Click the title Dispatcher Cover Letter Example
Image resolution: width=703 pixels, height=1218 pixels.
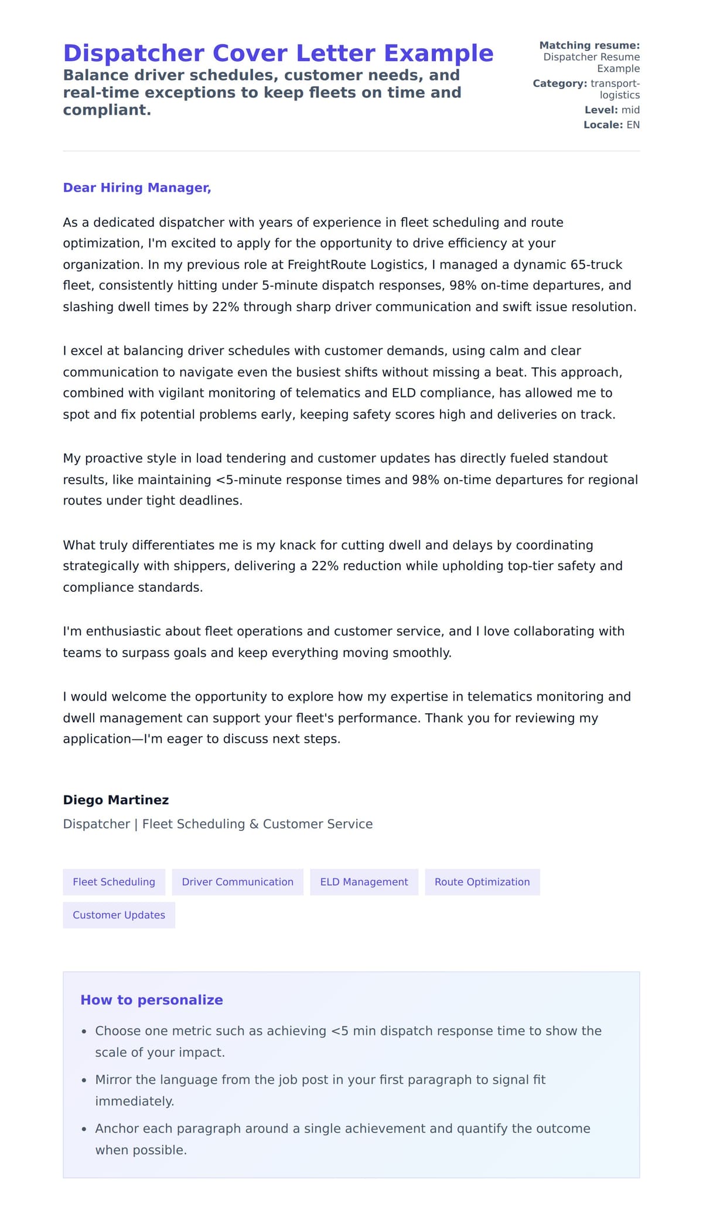pyautogui.click(x=278, y=53)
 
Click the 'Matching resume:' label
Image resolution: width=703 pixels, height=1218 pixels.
pyautogui.click(x=589, y=45)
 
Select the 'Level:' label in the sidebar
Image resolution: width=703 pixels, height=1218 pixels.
pyautogui.click(x=600, y=110)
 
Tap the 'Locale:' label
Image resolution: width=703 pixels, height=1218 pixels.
pyautogui.click(x=602, y=125)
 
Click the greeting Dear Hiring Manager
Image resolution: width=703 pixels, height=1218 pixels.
pyautogui.click(x=136, y=188)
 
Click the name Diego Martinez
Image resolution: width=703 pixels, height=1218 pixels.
pyautogui.click(x=116, y=800)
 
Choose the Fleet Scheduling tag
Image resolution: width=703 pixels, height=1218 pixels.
pyautogui.click(x=114, y=882)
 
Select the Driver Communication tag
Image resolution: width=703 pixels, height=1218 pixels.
pyautogui.click(x=237, y=882)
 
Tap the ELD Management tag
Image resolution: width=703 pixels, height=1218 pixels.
pyautogui.click(x=364, y=882)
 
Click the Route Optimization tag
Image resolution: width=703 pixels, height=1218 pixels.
pyautogui.click(x=482, y=882)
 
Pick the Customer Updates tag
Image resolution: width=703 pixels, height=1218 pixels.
pyautogui.click(x=119, y=915)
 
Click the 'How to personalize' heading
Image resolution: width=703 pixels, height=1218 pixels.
pyautogui.click(x=152, y=1000)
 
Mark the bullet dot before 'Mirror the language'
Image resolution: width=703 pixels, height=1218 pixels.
pyautogui.click(x=84, y=1080)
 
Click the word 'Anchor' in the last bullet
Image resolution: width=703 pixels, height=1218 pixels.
pyautogui.click(x=115, y=1128)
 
